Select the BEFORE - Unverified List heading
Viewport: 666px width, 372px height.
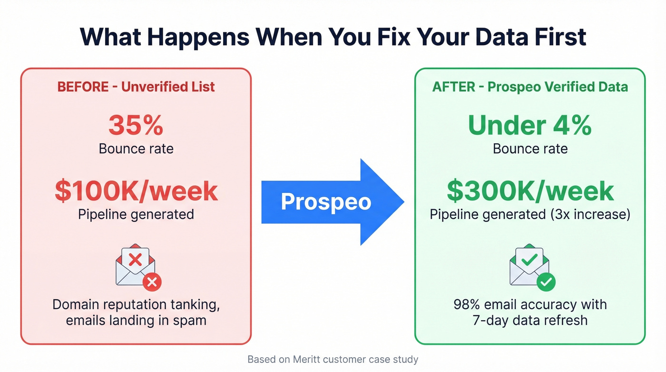tap(136, 87)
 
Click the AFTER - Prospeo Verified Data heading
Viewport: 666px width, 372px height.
tap(530, 87)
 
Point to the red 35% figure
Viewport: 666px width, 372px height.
tap(136, 125)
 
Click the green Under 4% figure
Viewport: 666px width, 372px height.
tap(530, 125)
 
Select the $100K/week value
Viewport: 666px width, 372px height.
tap(136, 191)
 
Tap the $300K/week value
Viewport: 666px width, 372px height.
tap(530, 191)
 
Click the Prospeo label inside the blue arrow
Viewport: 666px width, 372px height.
tap(326, 201)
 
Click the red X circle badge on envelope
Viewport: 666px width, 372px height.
tap(152, 282)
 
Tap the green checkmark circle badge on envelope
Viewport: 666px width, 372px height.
tap(546, 282)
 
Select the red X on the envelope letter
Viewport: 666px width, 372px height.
tap(136, 260)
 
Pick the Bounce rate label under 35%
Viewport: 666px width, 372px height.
tap(136, 149)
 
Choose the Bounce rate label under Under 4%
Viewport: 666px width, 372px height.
tap(530, 149)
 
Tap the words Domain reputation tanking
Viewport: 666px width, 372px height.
tap(136, 304)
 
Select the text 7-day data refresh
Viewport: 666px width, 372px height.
tap(530, 320)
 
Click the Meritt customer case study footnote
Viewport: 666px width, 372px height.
tap(333, 359)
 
